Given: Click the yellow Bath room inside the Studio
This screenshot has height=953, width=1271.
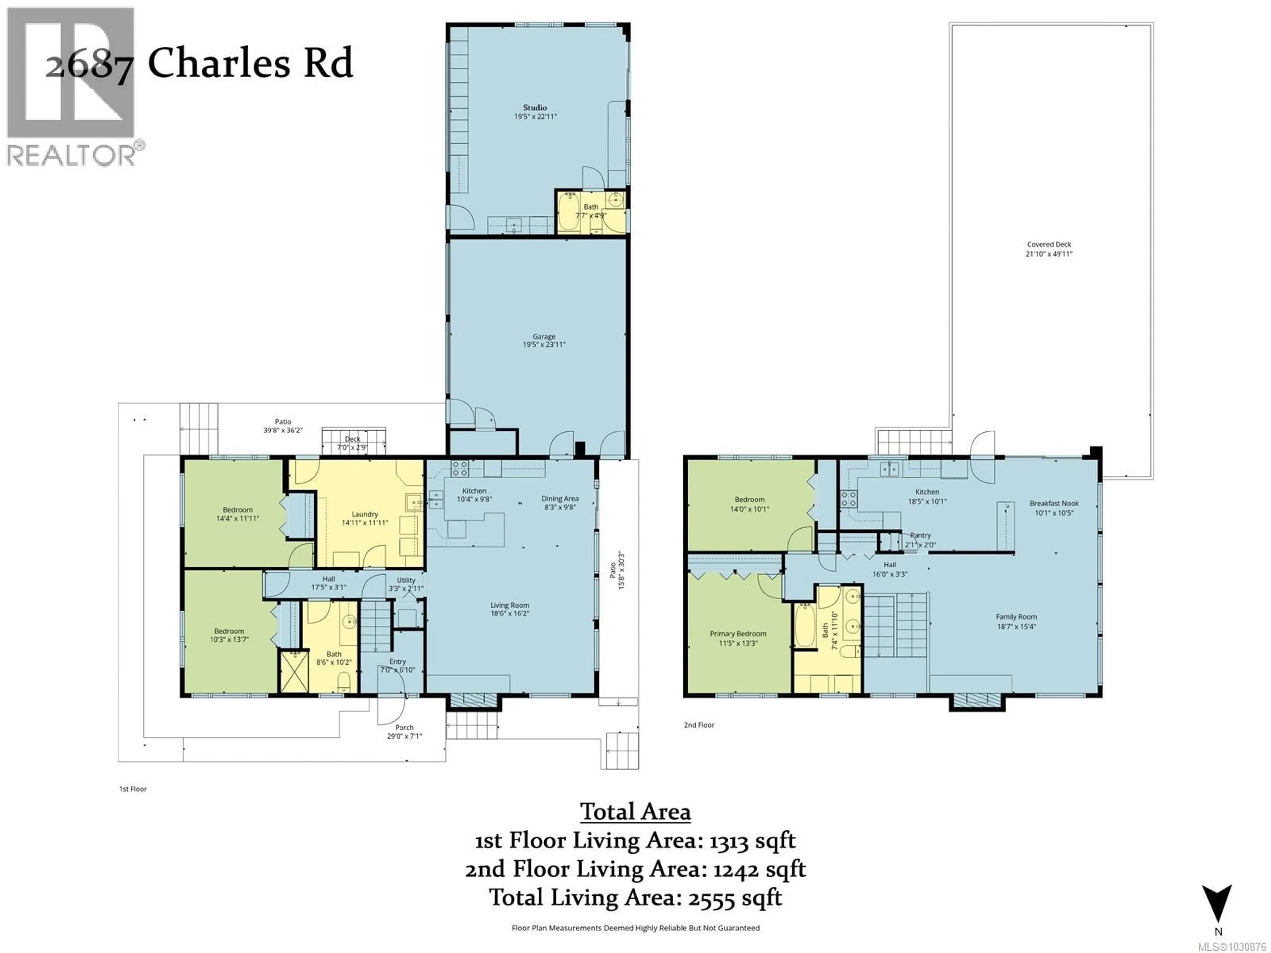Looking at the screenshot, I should click(x=591, y=211).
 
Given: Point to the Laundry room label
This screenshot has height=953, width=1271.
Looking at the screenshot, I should click(x=364, y=514).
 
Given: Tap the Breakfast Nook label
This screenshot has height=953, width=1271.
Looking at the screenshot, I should click(x=1054, y=503).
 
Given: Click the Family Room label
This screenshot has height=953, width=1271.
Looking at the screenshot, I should click(x=1016, y=617).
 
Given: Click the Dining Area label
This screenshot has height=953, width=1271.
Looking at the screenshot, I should click(x=560, y=499).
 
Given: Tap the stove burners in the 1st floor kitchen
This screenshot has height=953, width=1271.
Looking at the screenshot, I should click(x=459, y=469).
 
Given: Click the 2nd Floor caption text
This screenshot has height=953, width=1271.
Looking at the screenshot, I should click(x=699, y=725).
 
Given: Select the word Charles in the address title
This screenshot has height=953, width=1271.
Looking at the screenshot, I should click(x=218, y=63).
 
